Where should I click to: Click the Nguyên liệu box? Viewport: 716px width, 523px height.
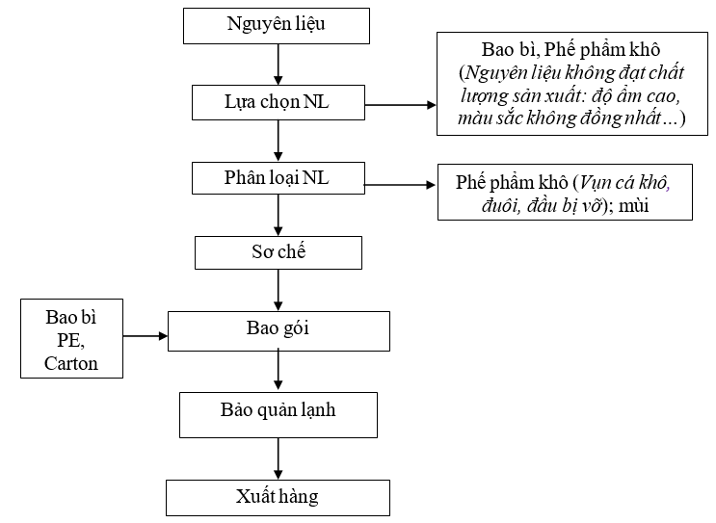(x=277, y=24)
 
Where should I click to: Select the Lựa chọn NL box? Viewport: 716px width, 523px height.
(x=278, y=102)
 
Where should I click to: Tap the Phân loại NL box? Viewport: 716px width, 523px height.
(x=278, y=179)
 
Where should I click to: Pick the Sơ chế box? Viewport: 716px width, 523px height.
(x=278, y=252)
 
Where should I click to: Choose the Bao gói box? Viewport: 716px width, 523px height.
(x=278, y=330)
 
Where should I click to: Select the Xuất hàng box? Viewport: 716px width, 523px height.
(x=278, y=498)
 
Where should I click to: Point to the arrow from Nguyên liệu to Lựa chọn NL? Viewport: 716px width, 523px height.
(x=278, y=64)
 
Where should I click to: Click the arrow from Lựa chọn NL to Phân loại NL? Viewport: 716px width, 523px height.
(x=278, y=141)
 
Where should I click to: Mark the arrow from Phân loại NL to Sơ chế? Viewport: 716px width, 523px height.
(x=278, y=216)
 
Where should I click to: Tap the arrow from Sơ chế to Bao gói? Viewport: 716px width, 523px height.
(x=278, y=290)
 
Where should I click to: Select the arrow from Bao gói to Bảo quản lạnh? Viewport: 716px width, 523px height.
(x=278, y=371)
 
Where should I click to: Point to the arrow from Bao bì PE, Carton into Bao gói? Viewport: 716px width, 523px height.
(x=146, y=336)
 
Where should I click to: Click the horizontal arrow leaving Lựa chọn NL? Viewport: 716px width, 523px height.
(x=400, y=104)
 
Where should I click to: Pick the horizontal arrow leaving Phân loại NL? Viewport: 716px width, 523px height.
(x=399, y=183)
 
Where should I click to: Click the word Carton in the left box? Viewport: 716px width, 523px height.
(x=71, y=364)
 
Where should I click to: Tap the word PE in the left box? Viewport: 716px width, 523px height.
(x=71, y=340)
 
